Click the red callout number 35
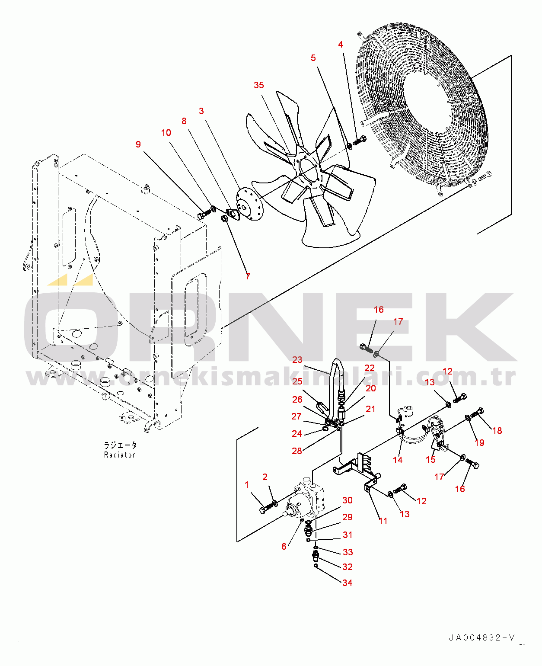click(258, 85)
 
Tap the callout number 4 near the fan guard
click(341, 45)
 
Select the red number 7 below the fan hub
click(248, 276)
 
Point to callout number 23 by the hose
click(297, 359)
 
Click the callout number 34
click(348, 583)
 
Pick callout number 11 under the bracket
click(383, 521)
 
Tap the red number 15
click(430, 460)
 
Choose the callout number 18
click(497, 431)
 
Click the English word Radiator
click(120, 455)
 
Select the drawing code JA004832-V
click(482, 638)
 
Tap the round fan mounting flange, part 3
click(249, 205)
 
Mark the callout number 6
click(284, 546)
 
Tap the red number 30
click(348, 500)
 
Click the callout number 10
click(166, 133)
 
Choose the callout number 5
click(313, 58)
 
